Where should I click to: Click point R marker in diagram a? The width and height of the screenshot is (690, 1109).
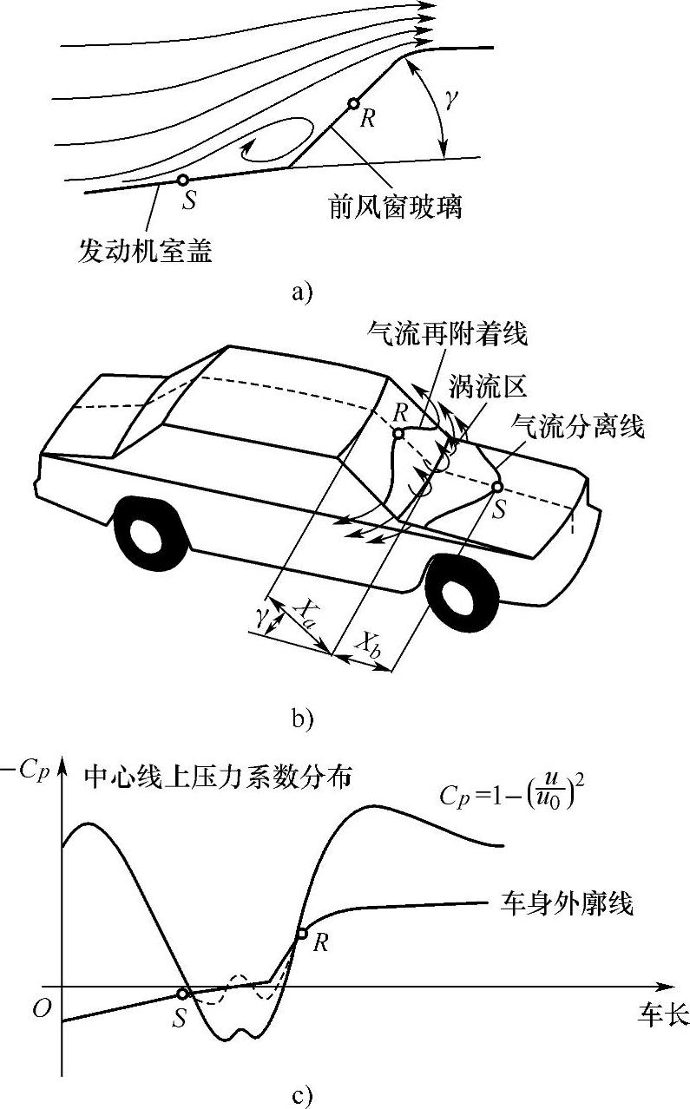(x=353, y=104)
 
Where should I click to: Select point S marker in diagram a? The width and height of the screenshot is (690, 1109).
(x=182, y=180)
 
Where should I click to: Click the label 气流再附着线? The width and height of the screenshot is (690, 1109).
(x=447, y=331)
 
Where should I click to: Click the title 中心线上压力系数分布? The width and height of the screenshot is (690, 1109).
(x=217, y=778)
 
